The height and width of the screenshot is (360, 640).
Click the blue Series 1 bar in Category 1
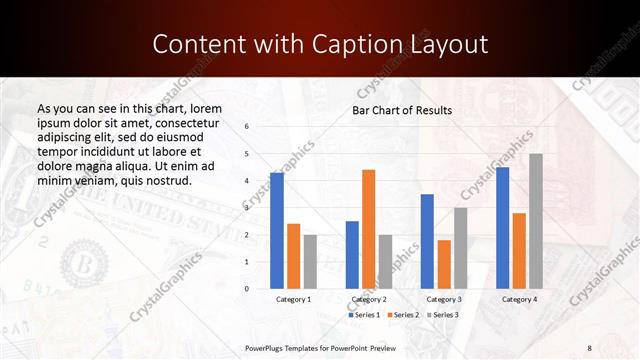click(277, 231)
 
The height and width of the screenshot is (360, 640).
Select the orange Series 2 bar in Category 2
click(368, 229)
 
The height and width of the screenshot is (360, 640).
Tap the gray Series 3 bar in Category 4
click(536, 221)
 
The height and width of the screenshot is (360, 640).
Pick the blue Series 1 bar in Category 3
click(427, 241)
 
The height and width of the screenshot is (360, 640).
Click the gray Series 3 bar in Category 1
click(310, 261)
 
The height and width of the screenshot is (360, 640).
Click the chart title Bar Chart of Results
click(402, 110)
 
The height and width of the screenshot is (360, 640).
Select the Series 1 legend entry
click(364, 315)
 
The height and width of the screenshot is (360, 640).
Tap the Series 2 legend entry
click(403, 315)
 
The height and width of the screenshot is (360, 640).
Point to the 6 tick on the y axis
click(246, 127)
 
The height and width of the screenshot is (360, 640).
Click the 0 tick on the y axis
click(246, 288)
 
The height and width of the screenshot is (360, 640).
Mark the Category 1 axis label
click(293, 299)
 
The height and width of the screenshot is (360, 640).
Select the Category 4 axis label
click(519, 299)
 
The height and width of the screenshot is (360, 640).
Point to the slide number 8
click(590, 347)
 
